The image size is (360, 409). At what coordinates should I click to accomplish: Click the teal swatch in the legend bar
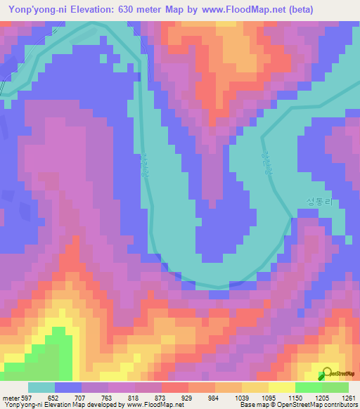41,387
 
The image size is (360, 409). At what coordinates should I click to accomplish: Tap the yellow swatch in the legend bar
281,387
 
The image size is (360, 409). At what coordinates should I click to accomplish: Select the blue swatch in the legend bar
67,387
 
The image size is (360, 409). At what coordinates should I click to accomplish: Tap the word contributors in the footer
337,405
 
